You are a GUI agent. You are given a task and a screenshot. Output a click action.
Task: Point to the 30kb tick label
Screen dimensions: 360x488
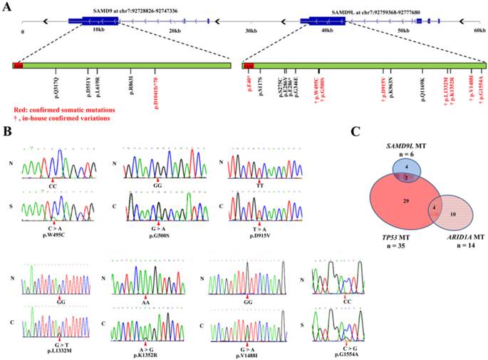coord(251,31)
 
